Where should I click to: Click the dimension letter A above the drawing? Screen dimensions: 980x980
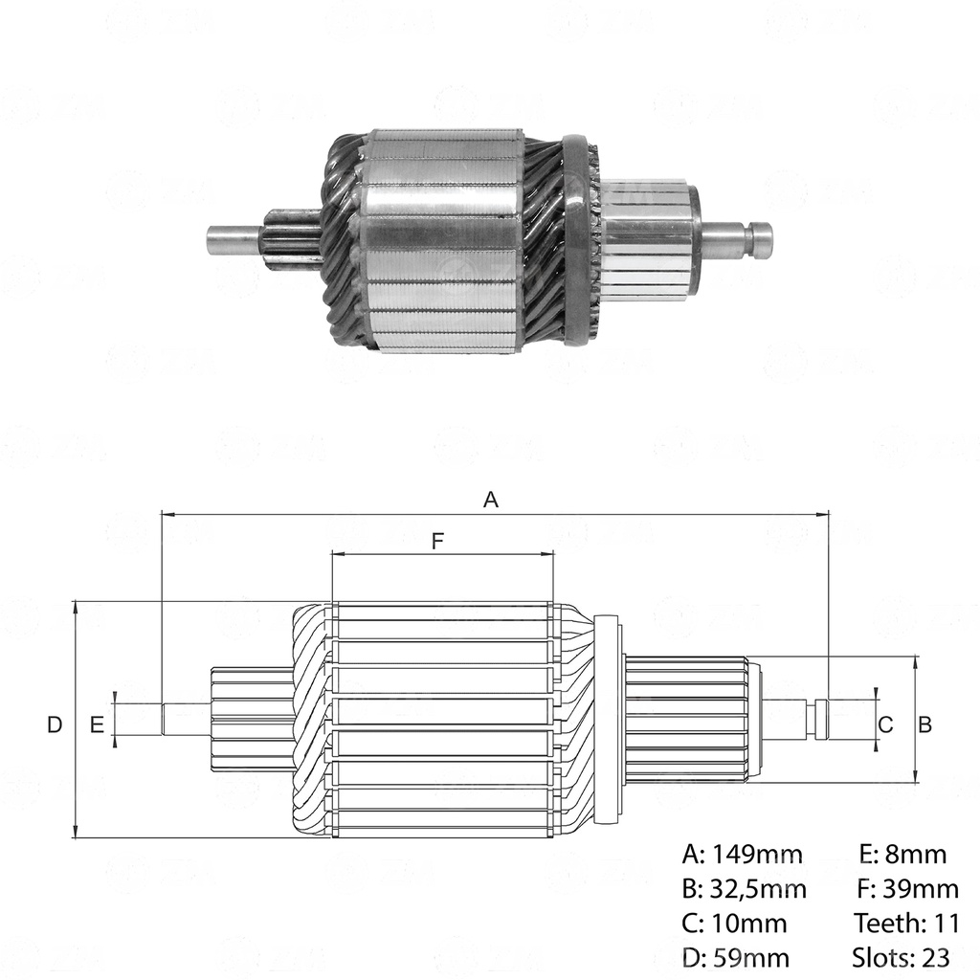491,499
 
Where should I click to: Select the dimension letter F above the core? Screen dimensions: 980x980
437,542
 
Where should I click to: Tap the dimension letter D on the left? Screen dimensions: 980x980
55,724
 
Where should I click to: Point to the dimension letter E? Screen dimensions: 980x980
97,724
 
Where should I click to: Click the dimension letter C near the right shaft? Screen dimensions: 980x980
885,724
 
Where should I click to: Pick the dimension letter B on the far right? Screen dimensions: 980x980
925,724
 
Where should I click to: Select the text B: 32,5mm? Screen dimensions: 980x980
745,889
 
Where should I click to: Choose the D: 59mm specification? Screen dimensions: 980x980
736,957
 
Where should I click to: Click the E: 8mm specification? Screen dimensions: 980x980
902,855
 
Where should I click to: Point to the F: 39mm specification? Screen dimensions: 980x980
907,889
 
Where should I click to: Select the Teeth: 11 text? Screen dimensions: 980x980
905,924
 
